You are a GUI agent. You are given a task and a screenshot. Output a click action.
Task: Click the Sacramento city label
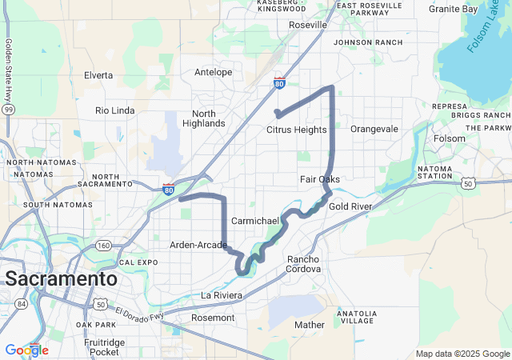point(60,279)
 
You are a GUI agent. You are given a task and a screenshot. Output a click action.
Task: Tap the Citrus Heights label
point(296,130)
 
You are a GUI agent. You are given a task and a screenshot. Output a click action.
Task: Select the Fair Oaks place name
point(320,179)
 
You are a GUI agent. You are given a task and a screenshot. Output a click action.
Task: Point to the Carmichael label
point(254,220)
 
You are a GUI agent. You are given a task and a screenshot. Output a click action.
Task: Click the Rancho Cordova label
point(304,264)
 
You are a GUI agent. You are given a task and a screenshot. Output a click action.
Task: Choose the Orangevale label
point(374,129)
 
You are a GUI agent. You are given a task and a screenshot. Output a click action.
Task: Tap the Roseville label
point(308,25)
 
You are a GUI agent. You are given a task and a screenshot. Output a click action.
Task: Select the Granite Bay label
point(454,9)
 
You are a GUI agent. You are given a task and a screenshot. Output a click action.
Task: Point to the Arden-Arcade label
point(198,245)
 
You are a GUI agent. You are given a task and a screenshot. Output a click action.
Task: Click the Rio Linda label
point(115,110)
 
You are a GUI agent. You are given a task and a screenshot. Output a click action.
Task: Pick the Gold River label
point(350,206)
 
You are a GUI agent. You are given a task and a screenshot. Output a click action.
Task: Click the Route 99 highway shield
point(8,109)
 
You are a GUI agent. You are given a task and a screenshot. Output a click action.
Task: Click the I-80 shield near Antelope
point(278,83)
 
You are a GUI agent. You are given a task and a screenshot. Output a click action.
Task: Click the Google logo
point(26,350)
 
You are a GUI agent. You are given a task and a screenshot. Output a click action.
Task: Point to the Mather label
point(310,325)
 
